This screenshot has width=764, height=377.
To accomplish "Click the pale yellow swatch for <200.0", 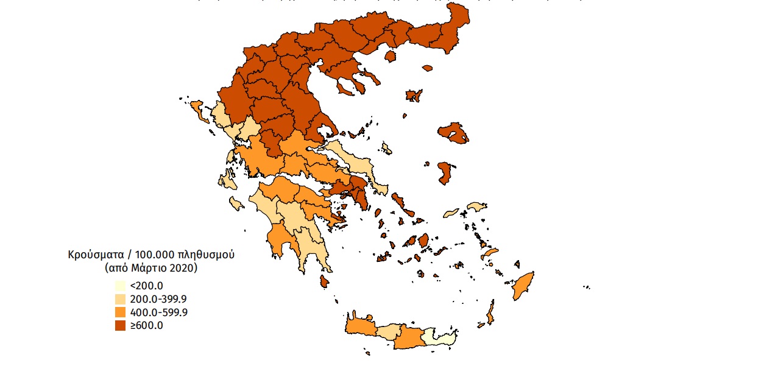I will [x=121, y=286].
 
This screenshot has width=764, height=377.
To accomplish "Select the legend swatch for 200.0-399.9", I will [x=121, y=299].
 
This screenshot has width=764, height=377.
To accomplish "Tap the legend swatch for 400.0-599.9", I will [x=121, y=312].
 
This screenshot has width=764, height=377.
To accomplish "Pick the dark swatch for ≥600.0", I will [x=121, y=326].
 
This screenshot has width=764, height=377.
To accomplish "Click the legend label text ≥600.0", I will [x=147, y=326].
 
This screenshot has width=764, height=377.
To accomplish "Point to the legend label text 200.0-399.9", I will [x=158, y=299].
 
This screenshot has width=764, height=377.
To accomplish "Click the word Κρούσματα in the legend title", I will [x=96, y=255].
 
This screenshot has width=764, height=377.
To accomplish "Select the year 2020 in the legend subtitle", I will [x=184, y=267].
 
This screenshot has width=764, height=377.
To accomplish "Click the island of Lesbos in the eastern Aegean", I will [x=452, y=133].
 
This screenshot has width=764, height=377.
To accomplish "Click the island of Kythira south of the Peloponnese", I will [x=324, y=281].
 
